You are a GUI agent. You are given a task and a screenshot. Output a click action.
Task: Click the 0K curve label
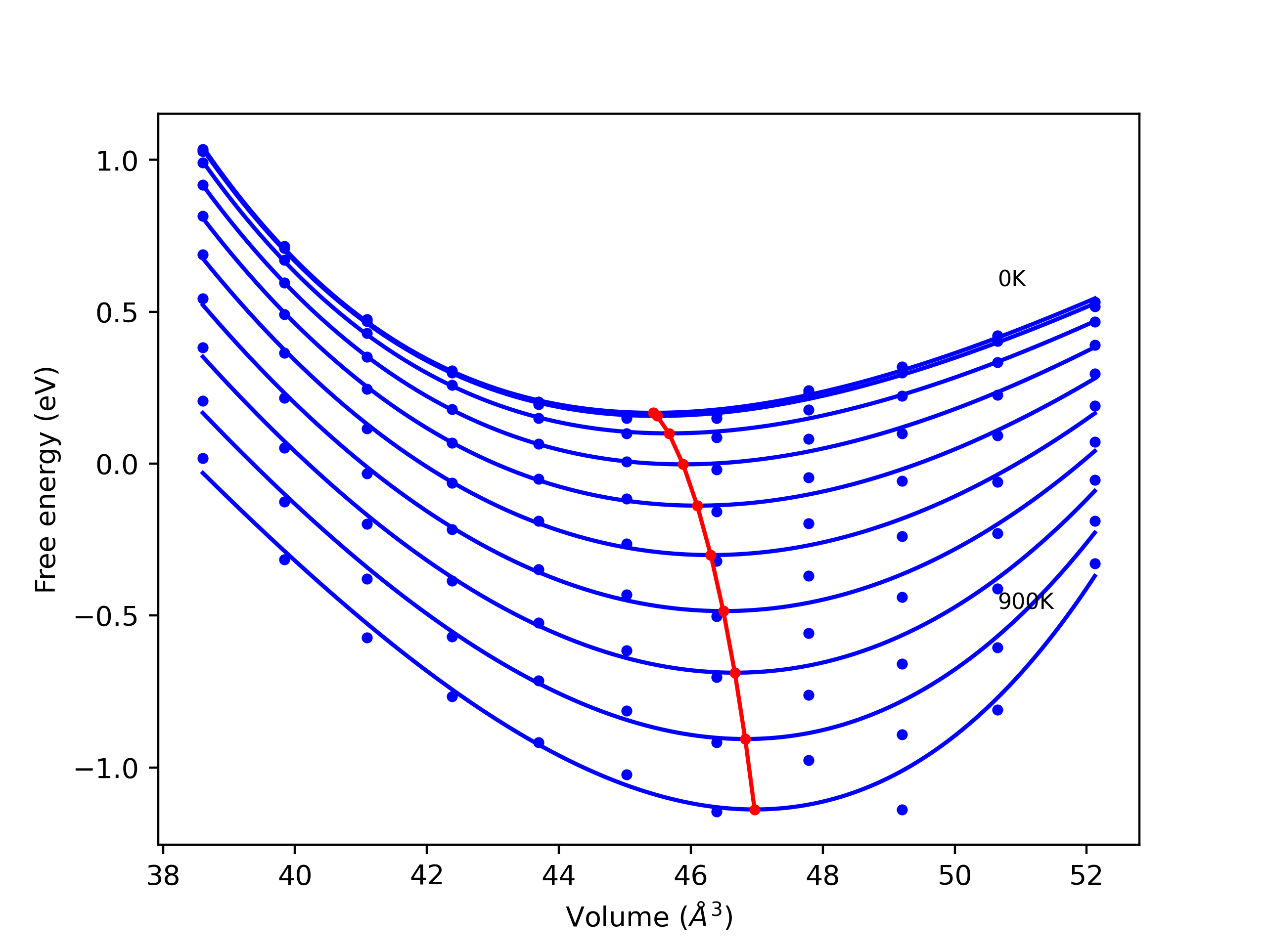pyautogui.click(x=1011, y=279)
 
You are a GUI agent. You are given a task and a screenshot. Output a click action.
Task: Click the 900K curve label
pyautogui.click(x=1026, y=602)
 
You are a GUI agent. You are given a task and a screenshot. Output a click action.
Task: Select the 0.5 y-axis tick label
pyautogui.click(x=117, y=313)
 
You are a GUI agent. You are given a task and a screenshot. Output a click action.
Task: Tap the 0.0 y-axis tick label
pyautogui.click(x=117, y=465)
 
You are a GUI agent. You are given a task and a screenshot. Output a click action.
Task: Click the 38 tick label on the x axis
pyautogui.click(x=163, y=876)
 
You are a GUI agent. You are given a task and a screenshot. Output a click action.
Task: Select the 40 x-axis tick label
pyautogui.click(x=295, y=876)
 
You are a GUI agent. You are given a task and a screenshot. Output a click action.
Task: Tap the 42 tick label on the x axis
pyautogui.click(x=427, y=876)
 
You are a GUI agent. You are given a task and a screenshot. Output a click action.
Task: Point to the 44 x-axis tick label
pyautogui.click(x=559, y=876)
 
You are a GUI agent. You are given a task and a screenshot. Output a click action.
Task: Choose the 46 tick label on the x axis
pyautogui.click(x=691, y=876)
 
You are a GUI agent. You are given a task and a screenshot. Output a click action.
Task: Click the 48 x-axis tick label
pyautogui.click(x=822, y=876)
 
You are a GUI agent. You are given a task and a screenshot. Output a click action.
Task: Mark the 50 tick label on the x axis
pyautogui.click(x=954, y=876)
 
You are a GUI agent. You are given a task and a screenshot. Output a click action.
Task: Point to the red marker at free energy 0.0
pyautogui.click(x=683, y=464)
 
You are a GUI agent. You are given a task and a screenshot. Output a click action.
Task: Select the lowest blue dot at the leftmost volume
pyautogui.click(x=203, y=458)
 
